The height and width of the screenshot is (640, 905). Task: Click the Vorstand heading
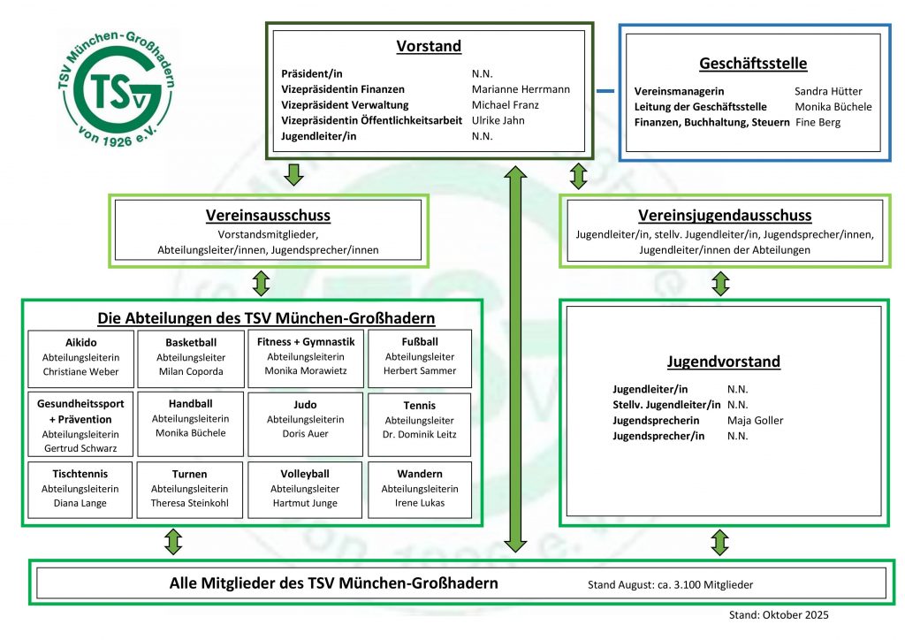(x=429, y=46)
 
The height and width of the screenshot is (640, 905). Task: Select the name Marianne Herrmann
(x=521, y=89)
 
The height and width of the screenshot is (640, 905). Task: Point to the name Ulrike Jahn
(x=498, y=120)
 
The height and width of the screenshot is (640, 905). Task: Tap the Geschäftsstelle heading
(x=753, y=64)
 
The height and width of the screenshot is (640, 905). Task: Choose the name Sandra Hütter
(x=828, y=91)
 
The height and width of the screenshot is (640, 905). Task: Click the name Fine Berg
(x=818, y=122)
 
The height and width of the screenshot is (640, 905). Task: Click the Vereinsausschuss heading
(x=268, y=216)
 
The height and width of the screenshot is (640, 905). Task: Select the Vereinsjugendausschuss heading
(x=725, y=216)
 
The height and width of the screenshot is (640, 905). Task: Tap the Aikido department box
(x=81, y=357)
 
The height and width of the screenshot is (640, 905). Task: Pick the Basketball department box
(x=191, y=357)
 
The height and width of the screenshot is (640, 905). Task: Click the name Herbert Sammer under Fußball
(x=420, y=371)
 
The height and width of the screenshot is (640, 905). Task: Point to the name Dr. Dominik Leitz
(x=420, y=435)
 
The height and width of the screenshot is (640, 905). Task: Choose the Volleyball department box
(x=305, y=488)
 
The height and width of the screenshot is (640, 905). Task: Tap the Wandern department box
(x=420, y=488)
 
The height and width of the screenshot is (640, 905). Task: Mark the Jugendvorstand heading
(x=723, y=362)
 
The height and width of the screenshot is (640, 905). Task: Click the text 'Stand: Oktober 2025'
(x=779, y=615)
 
